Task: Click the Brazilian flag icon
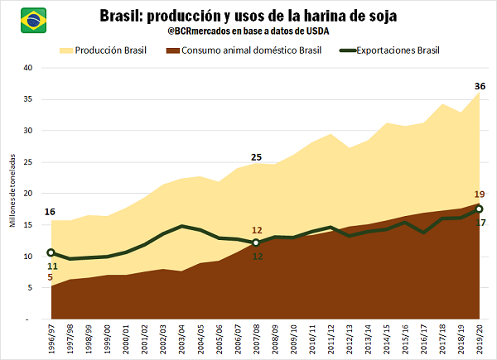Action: [x=33, y=17]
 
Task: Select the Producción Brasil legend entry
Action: [x=104, y=50]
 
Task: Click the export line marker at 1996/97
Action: [x=51, y=252]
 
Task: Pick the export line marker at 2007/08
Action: [x=256, y=242]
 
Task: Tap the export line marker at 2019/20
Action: [x=480, y=209]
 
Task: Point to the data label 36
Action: [x=480, y=86]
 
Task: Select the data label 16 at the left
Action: [x=50, y=212]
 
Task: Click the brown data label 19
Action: [x=480, y=194]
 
